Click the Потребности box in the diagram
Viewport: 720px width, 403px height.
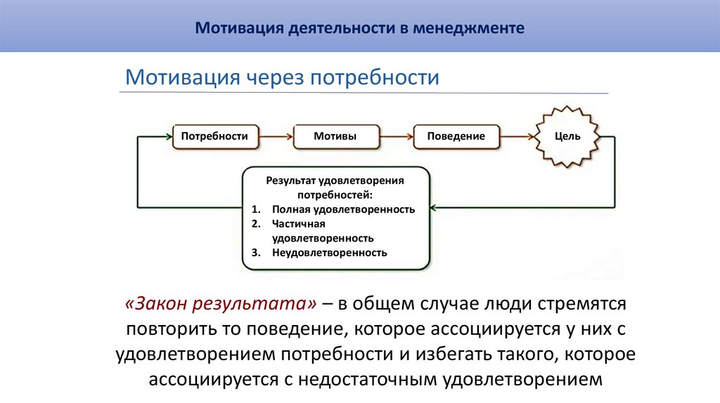pos(214,136)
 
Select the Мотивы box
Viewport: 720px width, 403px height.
pos(335,136)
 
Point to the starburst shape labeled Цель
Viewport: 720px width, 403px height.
pos(567,136)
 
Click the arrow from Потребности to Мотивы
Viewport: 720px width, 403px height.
pos(276,136)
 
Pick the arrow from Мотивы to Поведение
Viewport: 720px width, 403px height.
pos(397,136)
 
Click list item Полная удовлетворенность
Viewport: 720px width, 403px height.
pos(343,209)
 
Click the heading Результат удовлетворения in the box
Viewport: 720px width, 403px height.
pos(335,180)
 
